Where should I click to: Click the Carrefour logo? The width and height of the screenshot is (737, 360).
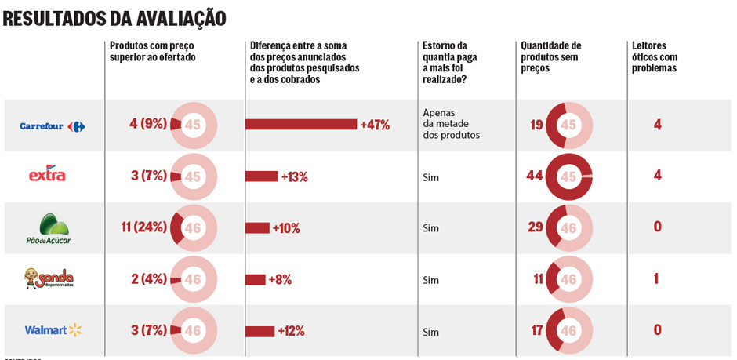click(53, 126)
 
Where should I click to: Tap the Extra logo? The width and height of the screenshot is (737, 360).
click(47, 174)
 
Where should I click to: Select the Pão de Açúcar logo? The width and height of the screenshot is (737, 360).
click(49, 228)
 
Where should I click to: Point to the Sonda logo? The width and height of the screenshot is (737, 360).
click(49, 278)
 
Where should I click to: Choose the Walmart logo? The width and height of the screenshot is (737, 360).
click(53, 330)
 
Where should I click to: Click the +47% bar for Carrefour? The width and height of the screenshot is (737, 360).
click(301, 125)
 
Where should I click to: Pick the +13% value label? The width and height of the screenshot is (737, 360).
click(294, 176)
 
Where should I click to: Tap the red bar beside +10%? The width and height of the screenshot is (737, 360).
click(257, 228)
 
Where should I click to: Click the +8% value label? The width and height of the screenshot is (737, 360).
click(280, 279)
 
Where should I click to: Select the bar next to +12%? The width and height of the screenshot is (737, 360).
click(260, 331)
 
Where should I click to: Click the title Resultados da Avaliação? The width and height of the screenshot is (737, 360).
click(114, 18)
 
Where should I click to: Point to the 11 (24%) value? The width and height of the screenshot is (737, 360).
click(144, 227)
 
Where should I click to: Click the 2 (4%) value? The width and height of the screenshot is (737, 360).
click(149, 279)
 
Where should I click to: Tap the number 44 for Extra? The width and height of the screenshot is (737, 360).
click(534, 176)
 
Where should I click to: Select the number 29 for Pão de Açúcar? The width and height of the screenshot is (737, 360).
click(536, 227)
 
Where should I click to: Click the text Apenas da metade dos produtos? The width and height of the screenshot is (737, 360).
click(450, 123)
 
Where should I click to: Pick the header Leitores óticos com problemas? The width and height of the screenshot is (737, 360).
click(655, 56)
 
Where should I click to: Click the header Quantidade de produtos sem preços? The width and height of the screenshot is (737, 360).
click(550, 56)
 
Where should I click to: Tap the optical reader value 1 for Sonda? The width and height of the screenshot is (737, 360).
click(656, 278)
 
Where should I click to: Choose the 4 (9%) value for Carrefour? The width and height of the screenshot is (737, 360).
click(148, 124)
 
